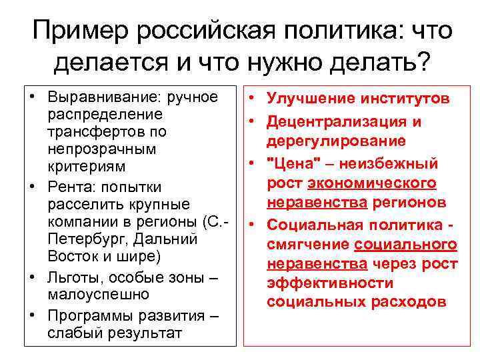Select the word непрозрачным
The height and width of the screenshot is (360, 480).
(x=93, y=148)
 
